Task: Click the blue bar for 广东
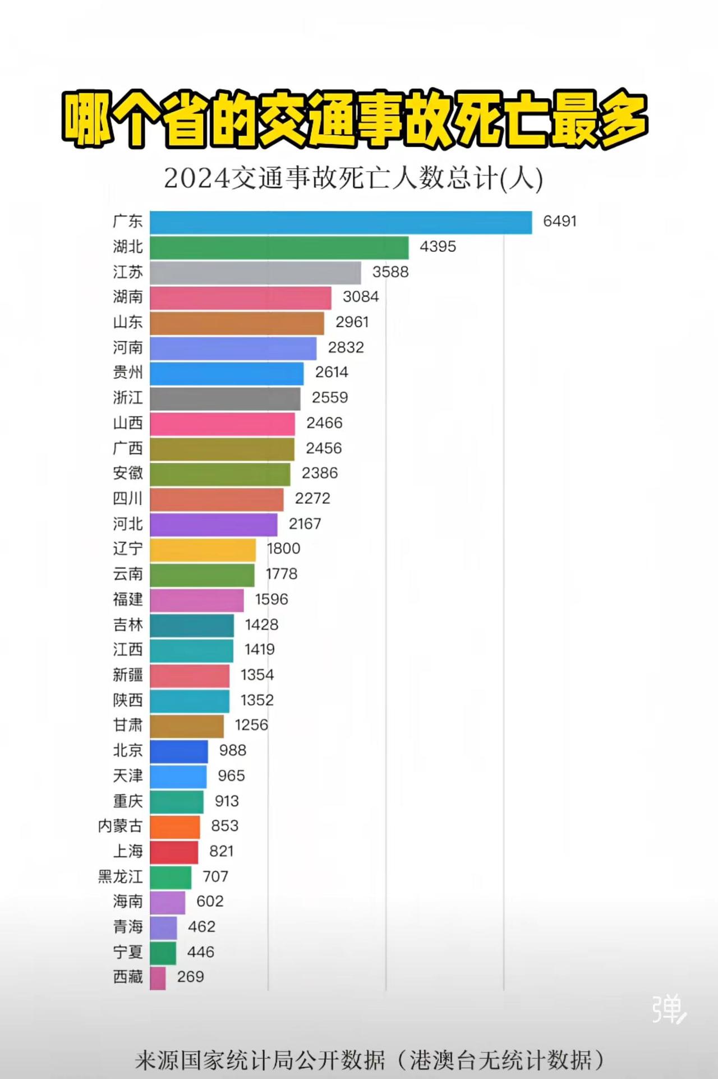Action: [340, 222]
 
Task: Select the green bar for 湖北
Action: [279, 247]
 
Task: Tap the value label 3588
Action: [390, 272]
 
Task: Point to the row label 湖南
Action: [128, 297]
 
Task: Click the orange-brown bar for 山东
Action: [237, 323]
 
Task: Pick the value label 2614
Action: [332, 373]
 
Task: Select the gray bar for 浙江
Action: [225, 398]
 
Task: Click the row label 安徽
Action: [128, 474]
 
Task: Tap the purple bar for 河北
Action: [213, 525]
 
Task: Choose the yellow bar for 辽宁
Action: [202, 549]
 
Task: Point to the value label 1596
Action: [271, 600]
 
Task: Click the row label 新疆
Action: [128, 675]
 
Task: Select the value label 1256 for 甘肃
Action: [251, 726]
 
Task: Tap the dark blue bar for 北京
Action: [178, 751]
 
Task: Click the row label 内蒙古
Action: [120, 827]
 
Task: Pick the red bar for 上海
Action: [174, 852]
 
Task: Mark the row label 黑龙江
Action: [120, 877]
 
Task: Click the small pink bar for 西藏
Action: [158, 978]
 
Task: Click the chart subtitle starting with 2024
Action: [353, 179]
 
